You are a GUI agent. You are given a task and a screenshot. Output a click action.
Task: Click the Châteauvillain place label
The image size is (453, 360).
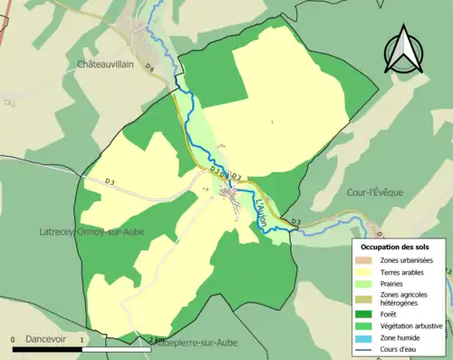click(112, 65)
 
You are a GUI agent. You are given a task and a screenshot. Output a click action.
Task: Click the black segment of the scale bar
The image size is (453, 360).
click(32, 346)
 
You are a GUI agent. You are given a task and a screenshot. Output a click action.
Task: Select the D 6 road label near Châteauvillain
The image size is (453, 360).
click(149, 69)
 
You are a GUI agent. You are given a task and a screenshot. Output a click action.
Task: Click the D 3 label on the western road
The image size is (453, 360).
click(110, 182)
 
